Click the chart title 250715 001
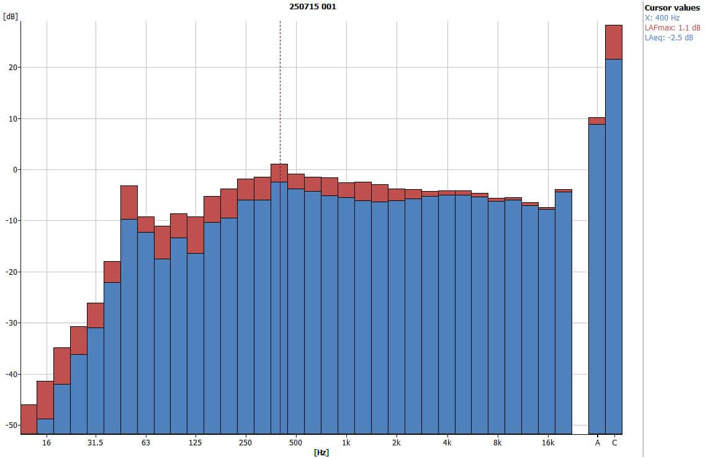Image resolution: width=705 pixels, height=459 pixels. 313,6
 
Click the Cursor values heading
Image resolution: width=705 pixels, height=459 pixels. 672,7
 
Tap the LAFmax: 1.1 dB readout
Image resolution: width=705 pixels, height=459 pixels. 672,28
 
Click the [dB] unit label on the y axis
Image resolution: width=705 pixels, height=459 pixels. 11,17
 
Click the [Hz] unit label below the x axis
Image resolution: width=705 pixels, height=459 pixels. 321,453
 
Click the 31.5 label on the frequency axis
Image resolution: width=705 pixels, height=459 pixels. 95,443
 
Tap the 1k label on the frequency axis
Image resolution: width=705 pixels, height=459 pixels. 346,443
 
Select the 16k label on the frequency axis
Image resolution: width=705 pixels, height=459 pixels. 547,443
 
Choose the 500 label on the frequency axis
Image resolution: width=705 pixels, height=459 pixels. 296,443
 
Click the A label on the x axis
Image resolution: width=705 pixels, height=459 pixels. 598,443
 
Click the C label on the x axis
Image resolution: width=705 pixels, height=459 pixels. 614,443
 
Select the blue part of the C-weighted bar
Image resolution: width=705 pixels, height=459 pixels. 614,248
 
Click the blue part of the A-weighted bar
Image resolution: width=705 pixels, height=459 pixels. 597,279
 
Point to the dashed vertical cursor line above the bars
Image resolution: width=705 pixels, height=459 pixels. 280,93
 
